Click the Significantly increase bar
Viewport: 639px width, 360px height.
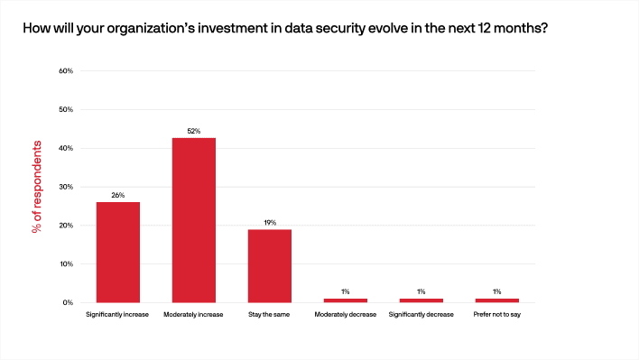pos(117,252)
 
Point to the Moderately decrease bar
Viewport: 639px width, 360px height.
pos(345,300)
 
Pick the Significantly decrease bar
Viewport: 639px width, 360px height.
pos(421,300)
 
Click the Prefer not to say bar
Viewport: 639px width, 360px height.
pos(496,300)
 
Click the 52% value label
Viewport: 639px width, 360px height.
pos(193,131)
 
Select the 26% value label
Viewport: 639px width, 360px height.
pos(117,195)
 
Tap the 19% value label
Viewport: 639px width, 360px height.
pos(269,222)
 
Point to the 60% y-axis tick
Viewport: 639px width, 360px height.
pos(66,70)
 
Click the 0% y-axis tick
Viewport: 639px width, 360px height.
pos(68,303)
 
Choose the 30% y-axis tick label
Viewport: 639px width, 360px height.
pos(66,187)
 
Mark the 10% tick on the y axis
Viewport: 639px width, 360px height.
pos(66,264)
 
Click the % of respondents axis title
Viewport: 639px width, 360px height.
pos(37,187)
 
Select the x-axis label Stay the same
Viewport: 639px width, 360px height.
pos(269,315)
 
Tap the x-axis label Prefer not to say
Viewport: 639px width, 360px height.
pos(496,315)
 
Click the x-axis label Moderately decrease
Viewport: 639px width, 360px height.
pos(345,315)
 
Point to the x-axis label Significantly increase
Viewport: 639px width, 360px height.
pos(117,315)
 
